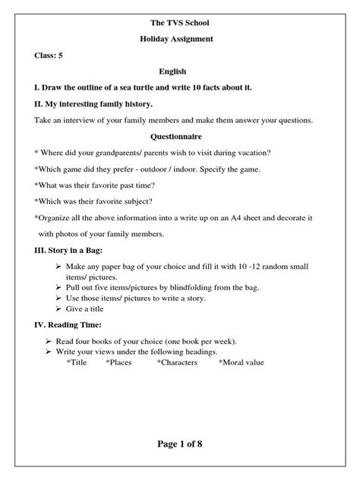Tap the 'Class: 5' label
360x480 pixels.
(x=49, y=55)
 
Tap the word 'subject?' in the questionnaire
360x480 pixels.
(x=136, y=201)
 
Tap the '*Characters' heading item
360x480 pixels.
(x=177, y=363)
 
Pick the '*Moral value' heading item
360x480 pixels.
(x=242, y=363)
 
